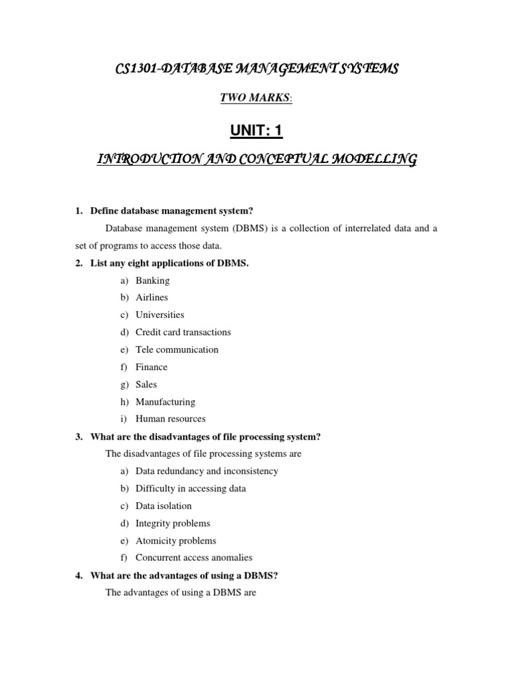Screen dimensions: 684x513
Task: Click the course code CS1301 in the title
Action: tap(136, 68)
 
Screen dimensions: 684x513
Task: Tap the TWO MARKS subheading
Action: tap(255, 98)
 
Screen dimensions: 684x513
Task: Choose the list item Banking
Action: tap(152, 281)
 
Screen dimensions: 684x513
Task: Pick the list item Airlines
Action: tap(152, 297)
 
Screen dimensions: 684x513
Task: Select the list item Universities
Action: tap(160, 315)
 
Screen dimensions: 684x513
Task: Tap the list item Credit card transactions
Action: tap(183, 332)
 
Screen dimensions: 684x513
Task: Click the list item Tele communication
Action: tap(177, 349)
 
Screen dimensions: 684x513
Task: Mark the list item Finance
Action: tap(152, 367)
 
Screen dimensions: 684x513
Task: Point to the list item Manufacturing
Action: tap(165, 402)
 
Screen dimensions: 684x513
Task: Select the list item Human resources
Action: tap(170, 419)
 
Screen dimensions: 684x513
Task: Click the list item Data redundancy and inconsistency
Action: tap(207, 471)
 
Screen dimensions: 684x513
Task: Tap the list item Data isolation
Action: tap(164, 506)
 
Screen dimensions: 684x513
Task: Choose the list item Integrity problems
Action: tap(172, 523)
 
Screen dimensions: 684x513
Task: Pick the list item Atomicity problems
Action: tap(176, 540)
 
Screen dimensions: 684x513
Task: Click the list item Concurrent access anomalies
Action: tap(194, 558)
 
